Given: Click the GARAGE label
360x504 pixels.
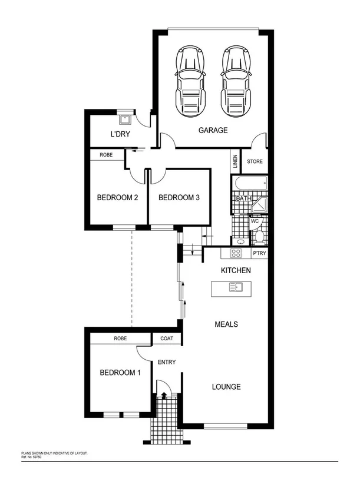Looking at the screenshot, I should pos(213,131).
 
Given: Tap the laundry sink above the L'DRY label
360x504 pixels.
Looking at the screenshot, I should pos(124,120).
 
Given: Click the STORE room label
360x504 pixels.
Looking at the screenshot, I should pos(255,161).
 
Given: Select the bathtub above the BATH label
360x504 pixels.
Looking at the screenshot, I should pos(250,184).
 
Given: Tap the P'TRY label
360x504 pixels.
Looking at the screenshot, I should pos(259,253).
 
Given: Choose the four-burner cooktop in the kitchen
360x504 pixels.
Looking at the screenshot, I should pos(236,253).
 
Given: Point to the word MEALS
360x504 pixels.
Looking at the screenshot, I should pos(226,324).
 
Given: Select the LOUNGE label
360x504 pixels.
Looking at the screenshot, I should pos(226,387).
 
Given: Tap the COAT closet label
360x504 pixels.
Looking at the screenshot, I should pos(167,339).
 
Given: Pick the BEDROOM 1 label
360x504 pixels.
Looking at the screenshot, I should pos(120,373).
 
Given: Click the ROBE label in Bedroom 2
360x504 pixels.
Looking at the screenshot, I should pos(107,155).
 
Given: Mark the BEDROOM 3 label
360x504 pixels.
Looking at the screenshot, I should pos(179,198).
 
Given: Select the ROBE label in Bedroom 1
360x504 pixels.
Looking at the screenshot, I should pos(120,339).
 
